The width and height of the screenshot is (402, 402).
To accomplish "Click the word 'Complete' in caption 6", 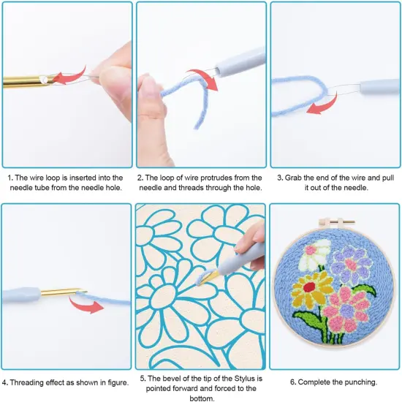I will pyautogui.click(x=311, y=381).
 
